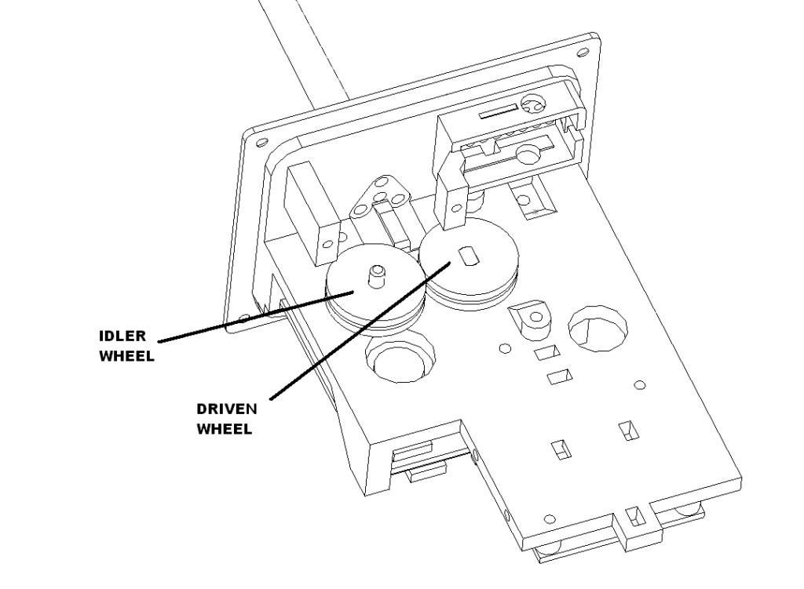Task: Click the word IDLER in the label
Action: pos(122,336)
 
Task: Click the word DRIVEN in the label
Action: pos(227,409)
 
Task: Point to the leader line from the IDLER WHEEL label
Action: pos(256,316)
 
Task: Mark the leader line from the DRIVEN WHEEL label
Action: pos(360,330)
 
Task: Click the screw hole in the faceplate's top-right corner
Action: pos(583,53)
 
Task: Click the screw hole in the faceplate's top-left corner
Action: pos(261,143)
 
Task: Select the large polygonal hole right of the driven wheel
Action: pos(598,329)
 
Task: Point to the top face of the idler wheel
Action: pos(375,280)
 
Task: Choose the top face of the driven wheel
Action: pos(469,259)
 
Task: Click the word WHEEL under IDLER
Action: pos(126,356)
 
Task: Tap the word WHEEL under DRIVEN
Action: pos(224,429)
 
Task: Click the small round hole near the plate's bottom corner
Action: pos(549,519)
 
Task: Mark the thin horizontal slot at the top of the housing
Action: pos(498,111)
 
